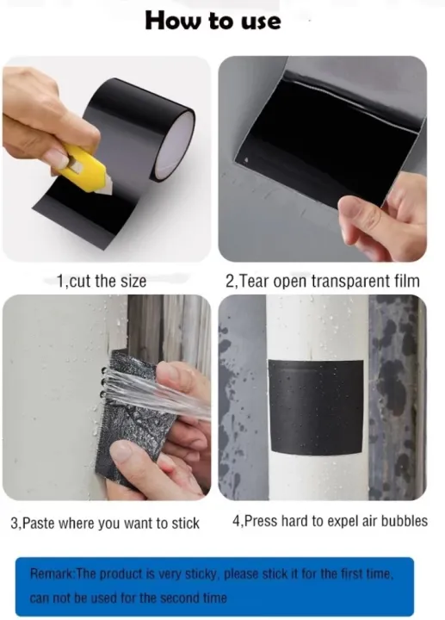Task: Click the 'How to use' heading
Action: coord(213,21)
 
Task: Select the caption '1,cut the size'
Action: coord(102,281)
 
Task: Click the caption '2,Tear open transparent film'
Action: coord(322,281)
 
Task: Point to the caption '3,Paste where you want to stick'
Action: coord(105,523)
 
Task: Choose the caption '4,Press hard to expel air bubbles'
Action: coord(330,521)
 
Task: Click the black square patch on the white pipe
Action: coord(316,408)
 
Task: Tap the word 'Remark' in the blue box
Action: coord(53,573)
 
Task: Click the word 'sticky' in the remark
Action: coord(221,573)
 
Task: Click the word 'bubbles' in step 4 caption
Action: coord(405,521)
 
